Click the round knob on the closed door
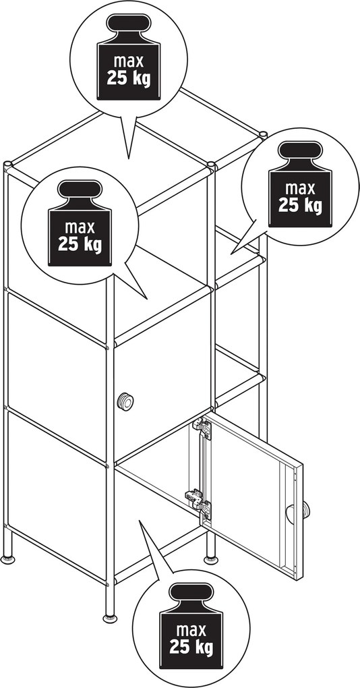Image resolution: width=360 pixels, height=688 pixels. click(126, 401)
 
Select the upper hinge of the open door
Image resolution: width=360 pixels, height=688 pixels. click(201, 428)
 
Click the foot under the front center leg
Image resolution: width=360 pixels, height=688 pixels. click(110, 619)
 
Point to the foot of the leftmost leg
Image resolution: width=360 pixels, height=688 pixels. click(7, 559)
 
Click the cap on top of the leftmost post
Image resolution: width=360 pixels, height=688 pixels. click(7, 164)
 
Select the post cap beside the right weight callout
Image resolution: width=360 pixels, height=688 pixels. click(263, 134)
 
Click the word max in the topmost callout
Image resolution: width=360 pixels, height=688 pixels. click(129, 62)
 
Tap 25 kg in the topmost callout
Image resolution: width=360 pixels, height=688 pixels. click(129, 78)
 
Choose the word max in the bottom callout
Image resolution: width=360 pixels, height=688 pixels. click(191, 631)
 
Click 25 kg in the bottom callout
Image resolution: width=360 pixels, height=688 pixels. click(191, 648)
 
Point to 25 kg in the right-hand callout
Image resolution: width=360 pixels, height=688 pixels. click(301, 204)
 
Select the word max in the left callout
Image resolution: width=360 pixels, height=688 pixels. click(80, 228)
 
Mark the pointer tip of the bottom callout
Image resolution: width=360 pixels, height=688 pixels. click(140, 521)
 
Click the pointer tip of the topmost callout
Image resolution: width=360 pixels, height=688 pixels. click(129, 159)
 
